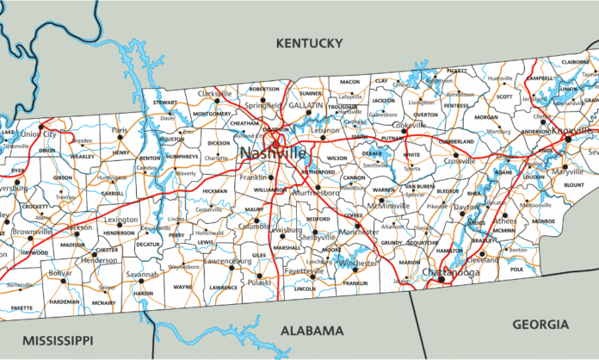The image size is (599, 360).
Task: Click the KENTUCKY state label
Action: point(308,42)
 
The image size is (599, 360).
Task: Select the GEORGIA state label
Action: point(540,324)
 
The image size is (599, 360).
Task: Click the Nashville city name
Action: point(273,152)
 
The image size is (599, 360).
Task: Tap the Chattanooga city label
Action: point(450,272)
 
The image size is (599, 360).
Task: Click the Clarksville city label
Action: point(215,92)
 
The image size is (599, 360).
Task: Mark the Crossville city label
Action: point(460,161)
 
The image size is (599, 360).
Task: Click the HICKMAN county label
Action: point(213,190)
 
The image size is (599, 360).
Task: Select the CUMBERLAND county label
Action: point(456,140)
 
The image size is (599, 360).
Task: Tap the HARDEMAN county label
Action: point(64,301)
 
